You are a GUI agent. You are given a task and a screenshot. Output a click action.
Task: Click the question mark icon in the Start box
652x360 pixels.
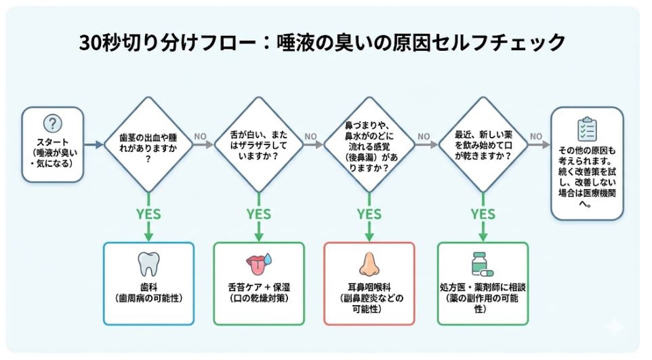pyautogui.click(x=53, y=124)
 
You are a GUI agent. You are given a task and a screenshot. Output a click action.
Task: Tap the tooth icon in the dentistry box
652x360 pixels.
pyautogui.click(x=148, y=263)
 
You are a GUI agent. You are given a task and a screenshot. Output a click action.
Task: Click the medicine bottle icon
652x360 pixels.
pyautogui.click(x=482, y=263)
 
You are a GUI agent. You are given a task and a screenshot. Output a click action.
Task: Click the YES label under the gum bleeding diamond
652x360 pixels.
pyautogui.click(x=148, y=214)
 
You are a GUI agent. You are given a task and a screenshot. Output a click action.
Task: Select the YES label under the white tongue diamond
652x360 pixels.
pyautogui.click(x=258, y=214)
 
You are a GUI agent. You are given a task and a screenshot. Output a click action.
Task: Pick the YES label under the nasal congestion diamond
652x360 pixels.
pyautogui.click(x=369, y=214)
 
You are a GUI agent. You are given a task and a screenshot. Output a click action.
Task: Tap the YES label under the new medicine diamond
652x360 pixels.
pyautogui.click(x=482, y=214)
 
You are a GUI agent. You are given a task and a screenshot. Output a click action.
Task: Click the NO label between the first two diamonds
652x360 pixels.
pyautogui.click(x=200, y=136)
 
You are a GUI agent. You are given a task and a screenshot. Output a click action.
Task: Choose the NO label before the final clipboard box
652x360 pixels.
pyautogui.click(x=535, y=136)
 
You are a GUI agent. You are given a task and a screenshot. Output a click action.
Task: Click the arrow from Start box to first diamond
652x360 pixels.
pyautogui.click(x=93, y=144)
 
